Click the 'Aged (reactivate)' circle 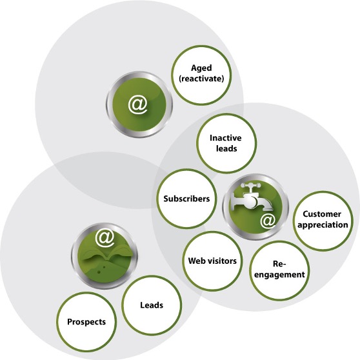point(201,75)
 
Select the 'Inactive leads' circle point(226,143)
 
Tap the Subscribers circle point(186,199)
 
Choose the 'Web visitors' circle point(212,261)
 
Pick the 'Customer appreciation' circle point(323,221)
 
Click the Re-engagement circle point(279,270)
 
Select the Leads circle point(152,305)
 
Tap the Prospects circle point(86,322)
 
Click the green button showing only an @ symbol point(139,105)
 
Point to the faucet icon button point(255,207)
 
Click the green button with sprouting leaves point(105,255)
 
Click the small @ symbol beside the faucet point(268,221)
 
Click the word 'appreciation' point(323,225)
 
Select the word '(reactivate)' point(201,79)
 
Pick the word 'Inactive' point(226,138)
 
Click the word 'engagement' point(279,275)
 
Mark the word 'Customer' point(322,214)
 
